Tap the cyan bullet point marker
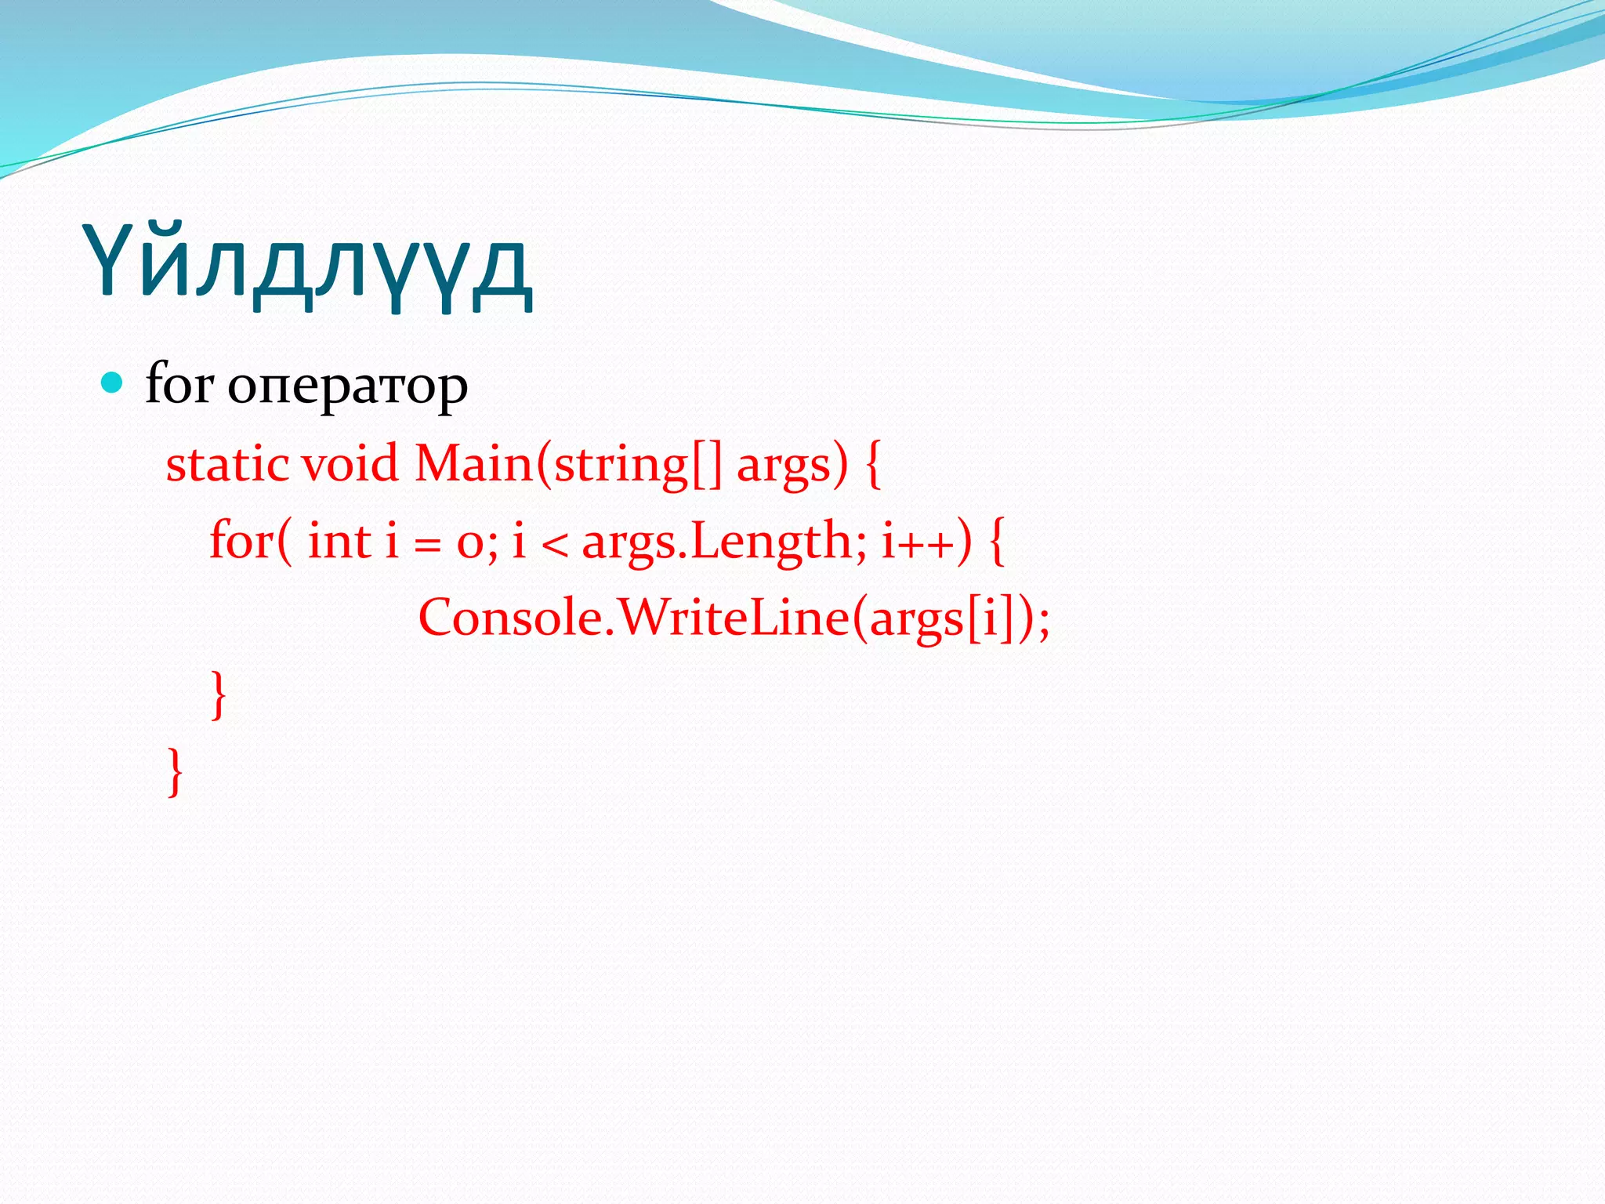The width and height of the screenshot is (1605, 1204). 113,383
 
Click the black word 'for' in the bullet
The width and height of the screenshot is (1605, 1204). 179,384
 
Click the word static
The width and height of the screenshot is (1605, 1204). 227,464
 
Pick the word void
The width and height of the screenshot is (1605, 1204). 350,464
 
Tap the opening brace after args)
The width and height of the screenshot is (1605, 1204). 874,464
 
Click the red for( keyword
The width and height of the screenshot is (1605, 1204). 251,541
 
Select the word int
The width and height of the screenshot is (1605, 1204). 339,541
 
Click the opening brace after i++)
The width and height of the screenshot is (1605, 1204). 996,541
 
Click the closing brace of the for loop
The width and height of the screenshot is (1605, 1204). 219,694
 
